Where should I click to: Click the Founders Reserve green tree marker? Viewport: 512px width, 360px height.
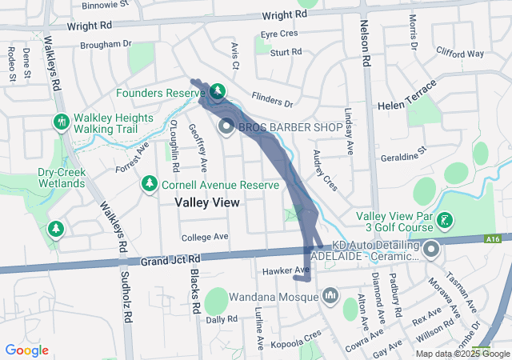point(217,93)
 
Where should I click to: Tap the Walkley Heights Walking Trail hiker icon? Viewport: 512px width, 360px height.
point(62,122)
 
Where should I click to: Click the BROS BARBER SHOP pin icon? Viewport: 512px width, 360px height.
point(226,126)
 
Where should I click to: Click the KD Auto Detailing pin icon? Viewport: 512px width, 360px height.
point(432,250)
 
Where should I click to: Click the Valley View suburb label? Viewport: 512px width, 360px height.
point(207,203)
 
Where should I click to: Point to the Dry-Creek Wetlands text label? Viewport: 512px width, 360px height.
point(50,178)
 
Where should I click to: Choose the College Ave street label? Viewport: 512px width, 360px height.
point(205,238)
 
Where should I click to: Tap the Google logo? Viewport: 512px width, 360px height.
point(26,350)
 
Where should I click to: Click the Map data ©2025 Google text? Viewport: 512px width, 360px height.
point(461,354)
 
